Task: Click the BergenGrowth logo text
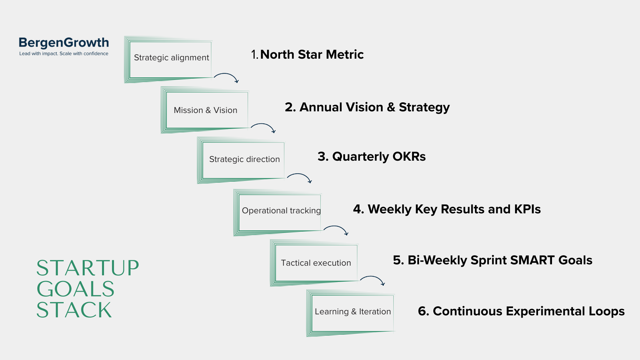point(64,43)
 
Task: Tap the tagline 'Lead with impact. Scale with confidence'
point(64,54)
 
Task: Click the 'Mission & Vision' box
point(205,110)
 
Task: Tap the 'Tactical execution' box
point(316,263)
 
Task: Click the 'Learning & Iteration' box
point(352,312)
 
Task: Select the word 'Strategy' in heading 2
point(424,107)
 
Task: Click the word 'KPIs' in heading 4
point(527,209)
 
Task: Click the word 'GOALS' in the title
point(76,289)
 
